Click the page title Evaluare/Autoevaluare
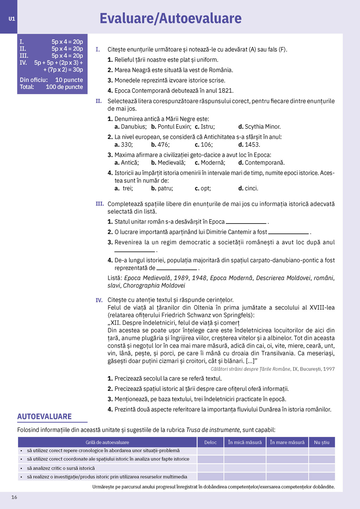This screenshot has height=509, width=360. (x=171, y=18)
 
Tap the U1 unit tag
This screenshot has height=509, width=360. (x=12, y=19)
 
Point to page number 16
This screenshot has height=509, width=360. (x=14, y=497)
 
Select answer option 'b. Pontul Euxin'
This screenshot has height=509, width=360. (x=171, y=127)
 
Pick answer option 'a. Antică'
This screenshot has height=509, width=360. (x=127, y=162)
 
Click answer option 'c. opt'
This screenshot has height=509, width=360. (x=203, y=188)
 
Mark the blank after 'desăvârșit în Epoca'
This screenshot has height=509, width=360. (x=246, y=222)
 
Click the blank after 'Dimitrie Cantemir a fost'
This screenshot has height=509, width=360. (x=288, y=232)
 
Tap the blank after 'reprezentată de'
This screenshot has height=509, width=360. (x=176, y=269)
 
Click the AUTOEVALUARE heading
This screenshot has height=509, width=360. (x=44, y=417)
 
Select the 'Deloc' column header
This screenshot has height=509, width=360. (x=210, y=442)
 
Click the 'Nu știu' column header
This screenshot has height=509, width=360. (x=321, y=442)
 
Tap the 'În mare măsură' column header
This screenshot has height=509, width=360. (x=287, y=442)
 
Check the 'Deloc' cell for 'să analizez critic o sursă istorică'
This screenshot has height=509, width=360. (x=210, y=468)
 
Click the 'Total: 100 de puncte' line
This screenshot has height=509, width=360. (x=51, y=87)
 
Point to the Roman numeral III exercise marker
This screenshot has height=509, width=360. (x=99, y=204)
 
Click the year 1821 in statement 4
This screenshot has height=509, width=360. (x=226, y=91)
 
